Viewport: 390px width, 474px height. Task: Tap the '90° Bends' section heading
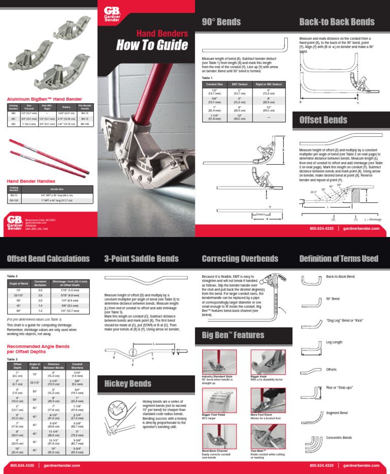click(x=221, y=22)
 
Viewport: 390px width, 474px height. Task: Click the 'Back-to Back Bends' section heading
click(x=337, y=22)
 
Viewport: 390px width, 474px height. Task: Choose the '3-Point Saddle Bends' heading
click(x=141, y=259)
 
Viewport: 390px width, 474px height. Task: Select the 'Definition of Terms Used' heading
click(x=339, y=259)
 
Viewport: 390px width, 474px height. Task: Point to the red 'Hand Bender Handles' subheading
click(x=30, y=181)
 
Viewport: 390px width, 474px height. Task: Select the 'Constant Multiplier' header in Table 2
click(x=40, y=283)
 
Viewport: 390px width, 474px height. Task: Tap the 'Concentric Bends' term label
click(x=339, y=437)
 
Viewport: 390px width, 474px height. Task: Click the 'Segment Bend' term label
click(x=336, y=413)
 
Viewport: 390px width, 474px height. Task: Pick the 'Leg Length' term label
click(x=334, y=342)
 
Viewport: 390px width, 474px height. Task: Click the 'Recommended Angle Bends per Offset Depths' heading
click(x=38, y=349)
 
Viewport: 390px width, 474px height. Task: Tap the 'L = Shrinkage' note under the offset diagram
click(x=373, y=219)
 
